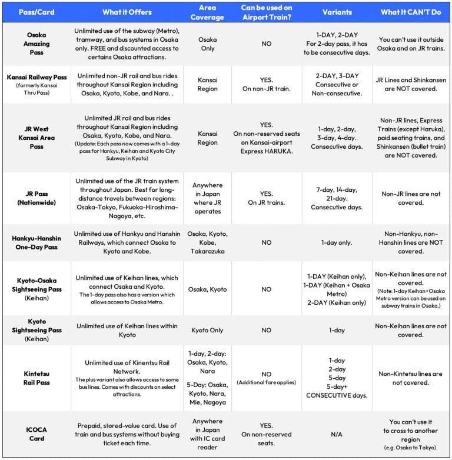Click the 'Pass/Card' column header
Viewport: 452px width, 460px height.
coord(36,12)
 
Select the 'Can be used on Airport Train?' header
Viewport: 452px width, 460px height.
coord(266,12)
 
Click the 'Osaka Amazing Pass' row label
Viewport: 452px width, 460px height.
coord(36,44)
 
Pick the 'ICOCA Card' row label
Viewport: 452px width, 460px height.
coord(36,434)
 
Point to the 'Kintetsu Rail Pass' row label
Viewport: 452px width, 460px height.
coord(36,378)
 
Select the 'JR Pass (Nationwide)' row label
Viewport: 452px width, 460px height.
coord(36,198)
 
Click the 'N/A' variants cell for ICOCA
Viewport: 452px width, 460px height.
coord(337,435)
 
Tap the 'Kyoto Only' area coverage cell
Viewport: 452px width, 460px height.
coord(207,331)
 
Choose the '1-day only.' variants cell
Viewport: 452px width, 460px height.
coord(337,242)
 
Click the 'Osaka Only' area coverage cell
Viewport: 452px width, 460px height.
coord(207,44)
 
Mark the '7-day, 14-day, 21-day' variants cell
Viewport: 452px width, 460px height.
coord(337,198)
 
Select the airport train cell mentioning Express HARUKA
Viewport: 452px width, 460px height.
coord(266,138)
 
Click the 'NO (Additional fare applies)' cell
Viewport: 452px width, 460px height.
coord(266,378)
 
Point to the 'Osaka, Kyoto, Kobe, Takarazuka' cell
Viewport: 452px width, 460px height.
coord(207,242)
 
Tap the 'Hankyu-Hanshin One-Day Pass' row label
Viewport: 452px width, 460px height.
coord(36,242)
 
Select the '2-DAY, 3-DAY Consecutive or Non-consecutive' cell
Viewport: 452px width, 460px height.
coord(337,85)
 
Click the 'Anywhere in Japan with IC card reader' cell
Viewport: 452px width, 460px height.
coord(207,435)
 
